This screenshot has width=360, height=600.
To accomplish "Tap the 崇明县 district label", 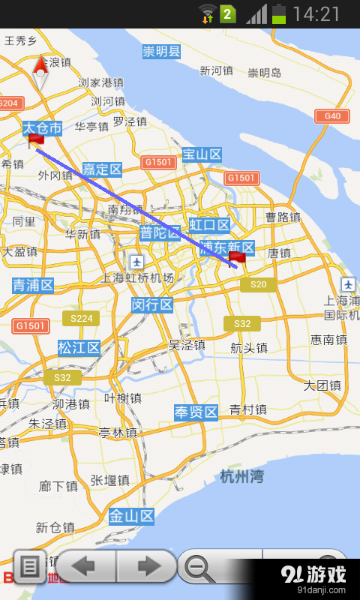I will tap(162, 52).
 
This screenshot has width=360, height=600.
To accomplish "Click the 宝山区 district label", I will tap(202, 155).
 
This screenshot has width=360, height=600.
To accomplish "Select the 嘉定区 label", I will tap(102, 169).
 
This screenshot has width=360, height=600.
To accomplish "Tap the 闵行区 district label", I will tap(152, 304).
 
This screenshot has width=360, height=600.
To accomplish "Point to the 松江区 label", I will tap(79, 348).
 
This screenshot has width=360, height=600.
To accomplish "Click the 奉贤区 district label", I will tap(196, 412).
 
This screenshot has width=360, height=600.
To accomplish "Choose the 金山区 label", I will tap(131, 516).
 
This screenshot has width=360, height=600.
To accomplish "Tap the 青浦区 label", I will tap(33, 285).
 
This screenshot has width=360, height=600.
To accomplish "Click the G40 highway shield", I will tap(332, 115).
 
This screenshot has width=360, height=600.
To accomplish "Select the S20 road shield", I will tap(258, 284).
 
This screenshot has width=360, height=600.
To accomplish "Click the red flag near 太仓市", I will tap(35, 140).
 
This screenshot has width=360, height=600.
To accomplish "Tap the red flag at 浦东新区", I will tap(236, 259).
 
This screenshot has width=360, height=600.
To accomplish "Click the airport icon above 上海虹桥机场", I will tap(136, 262).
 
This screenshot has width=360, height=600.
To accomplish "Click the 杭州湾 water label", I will tap(242, 475).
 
